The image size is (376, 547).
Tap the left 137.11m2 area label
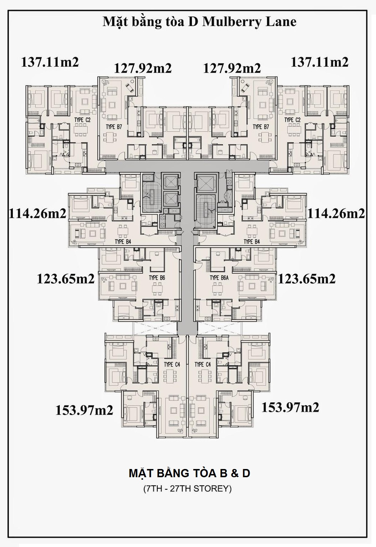point(50,62)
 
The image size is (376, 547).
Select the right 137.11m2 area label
point(320,62)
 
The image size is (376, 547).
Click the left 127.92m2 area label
point(143,68)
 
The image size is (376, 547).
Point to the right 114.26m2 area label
point(336,214)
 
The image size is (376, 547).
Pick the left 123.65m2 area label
point(66,278)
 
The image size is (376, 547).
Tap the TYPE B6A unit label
point(219,278)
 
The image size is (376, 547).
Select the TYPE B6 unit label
point(157,278)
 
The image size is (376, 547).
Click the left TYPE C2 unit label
point(83,120)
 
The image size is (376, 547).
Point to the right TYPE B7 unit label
point(261,127)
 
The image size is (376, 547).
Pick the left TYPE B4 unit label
point(123,242)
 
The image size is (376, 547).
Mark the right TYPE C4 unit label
point(203,365)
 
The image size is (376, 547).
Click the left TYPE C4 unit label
point(172,365)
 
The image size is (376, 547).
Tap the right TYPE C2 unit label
point(292,120)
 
